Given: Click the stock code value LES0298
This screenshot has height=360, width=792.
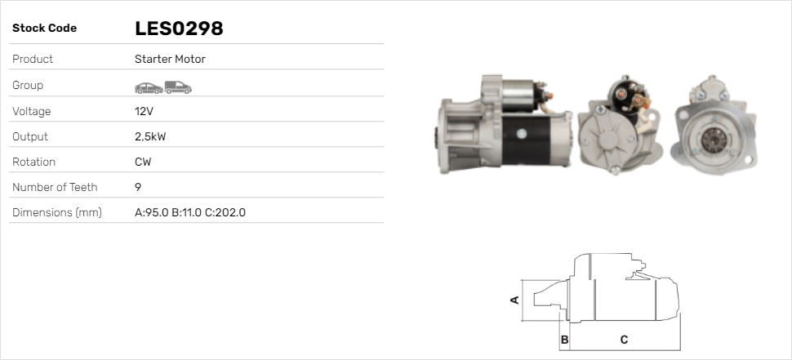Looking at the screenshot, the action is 179,29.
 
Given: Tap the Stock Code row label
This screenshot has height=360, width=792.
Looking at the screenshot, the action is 44,29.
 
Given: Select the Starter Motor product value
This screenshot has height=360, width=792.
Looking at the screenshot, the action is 170,59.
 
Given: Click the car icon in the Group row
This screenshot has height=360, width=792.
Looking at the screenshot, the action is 149,88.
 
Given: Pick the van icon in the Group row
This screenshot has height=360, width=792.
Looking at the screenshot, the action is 178,87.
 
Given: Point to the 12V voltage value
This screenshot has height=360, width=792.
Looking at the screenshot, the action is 144,111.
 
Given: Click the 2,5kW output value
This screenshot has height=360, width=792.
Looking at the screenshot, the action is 150,137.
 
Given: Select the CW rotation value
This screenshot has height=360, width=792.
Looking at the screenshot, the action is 143,162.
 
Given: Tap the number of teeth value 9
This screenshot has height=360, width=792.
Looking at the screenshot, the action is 138,187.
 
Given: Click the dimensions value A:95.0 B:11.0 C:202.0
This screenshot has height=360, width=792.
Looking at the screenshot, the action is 190,212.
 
